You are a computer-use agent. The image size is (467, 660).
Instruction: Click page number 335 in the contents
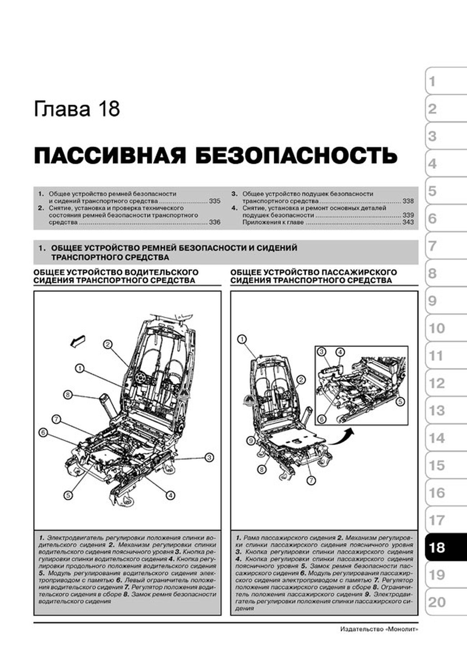[x=214, y=201]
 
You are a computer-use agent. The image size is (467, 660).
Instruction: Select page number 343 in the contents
[x=408, y=223]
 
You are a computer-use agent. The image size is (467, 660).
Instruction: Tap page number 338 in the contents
[x=408, y=201]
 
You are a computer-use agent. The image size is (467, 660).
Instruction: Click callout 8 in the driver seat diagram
[x=68, y=395]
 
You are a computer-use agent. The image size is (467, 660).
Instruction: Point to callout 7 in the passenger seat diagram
[x=311, y=480]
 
